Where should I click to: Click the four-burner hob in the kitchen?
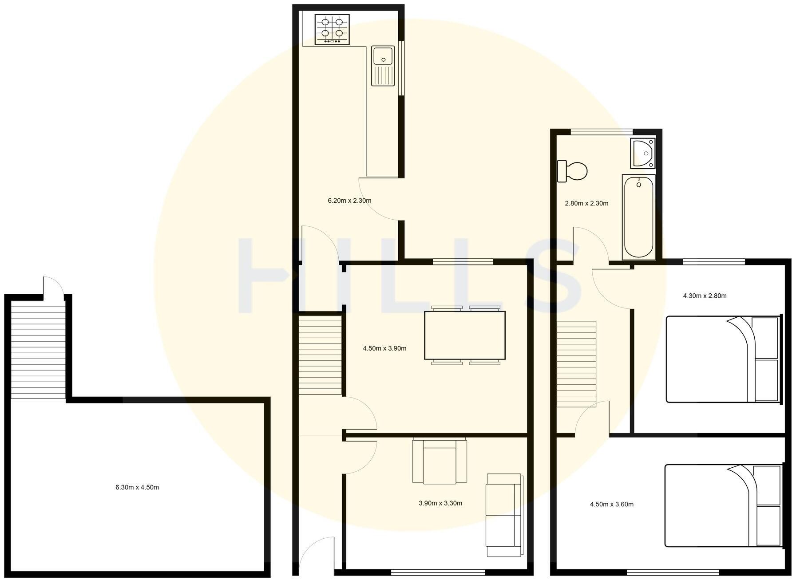click(332, 29)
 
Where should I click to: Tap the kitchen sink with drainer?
click(383, 66)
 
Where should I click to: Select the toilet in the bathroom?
click(573, 171)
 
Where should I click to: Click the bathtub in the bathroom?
click(638, 217)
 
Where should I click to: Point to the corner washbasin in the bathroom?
click(642, 153)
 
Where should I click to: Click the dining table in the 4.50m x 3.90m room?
click(465, 335)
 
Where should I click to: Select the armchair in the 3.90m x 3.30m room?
click(440, 461)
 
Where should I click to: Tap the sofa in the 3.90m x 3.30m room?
click(504, 515)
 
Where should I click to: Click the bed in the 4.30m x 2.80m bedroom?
click(723, 359)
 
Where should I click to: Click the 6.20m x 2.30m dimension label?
click(349, 201)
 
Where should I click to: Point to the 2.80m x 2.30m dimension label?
click(586, 204)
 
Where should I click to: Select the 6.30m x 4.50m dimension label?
click(137, 487)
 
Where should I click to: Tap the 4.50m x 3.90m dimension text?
click(384, 348)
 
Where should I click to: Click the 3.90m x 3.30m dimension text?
click(440, 503)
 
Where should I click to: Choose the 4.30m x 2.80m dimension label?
click(705, 296)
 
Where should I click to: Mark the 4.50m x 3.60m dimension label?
click(611, 504)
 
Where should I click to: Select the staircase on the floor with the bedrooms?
click(576, 364)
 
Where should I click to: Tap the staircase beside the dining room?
click(320, 355)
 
